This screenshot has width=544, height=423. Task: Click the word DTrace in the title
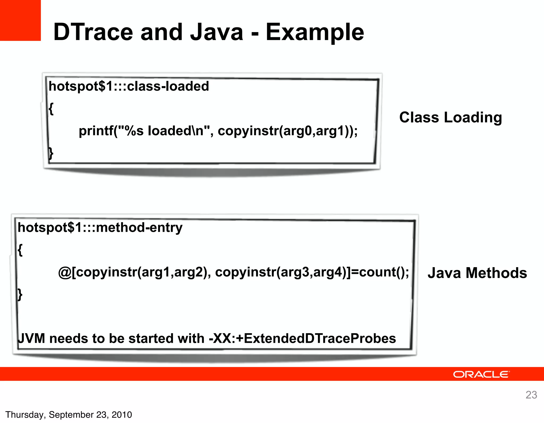93,32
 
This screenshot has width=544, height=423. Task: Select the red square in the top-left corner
20,20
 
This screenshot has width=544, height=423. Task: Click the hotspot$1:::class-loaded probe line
129,87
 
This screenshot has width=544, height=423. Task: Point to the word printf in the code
96,131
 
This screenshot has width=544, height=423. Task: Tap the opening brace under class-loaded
51,109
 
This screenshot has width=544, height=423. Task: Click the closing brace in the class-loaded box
51,153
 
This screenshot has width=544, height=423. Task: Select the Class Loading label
450,117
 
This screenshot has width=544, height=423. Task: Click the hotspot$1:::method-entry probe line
100,228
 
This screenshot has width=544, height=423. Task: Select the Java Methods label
477,273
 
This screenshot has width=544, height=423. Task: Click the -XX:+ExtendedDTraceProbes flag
302,339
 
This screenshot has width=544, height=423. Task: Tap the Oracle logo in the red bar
481,374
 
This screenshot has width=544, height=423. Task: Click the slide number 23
531,395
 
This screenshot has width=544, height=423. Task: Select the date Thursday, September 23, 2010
69,415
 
